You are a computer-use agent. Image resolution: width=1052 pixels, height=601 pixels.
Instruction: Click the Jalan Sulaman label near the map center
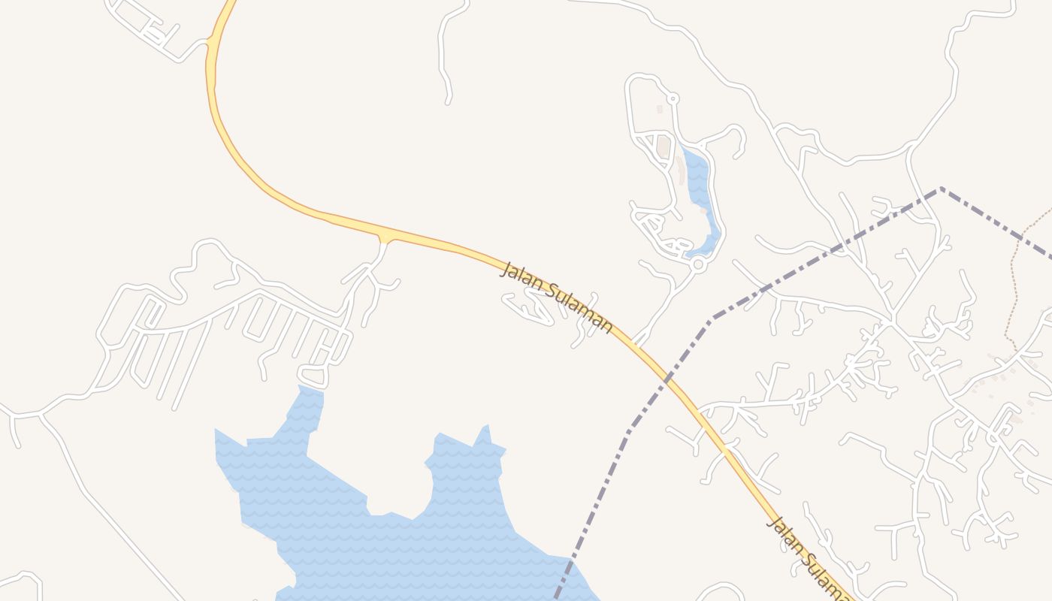pyautogui.click(x=556, y=297)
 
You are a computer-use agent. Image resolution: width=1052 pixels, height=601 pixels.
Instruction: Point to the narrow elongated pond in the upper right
pyautogui.click(x=700, y=195)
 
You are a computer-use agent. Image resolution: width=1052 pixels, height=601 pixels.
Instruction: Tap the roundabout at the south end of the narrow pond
pyautogui.click(x=698, y=264)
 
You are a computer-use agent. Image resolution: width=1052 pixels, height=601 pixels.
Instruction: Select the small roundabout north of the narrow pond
pyautogui.click(x=673, y=98)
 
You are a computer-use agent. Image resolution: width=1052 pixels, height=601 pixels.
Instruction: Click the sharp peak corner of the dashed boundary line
pyautogui.click(x=940, y=189)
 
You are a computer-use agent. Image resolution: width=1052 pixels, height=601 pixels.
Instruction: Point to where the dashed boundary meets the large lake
pyautogui.click(x=570, y=559)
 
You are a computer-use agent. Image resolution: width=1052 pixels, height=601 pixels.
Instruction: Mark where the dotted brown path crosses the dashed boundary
pyautogui.click(x=1021, y=239)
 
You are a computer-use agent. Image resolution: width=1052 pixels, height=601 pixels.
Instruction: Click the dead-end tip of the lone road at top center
pyautogui.click(x=448, y=102)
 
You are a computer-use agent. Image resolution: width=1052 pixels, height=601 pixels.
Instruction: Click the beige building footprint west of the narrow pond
pyautogui.click(x=664, y=146)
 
